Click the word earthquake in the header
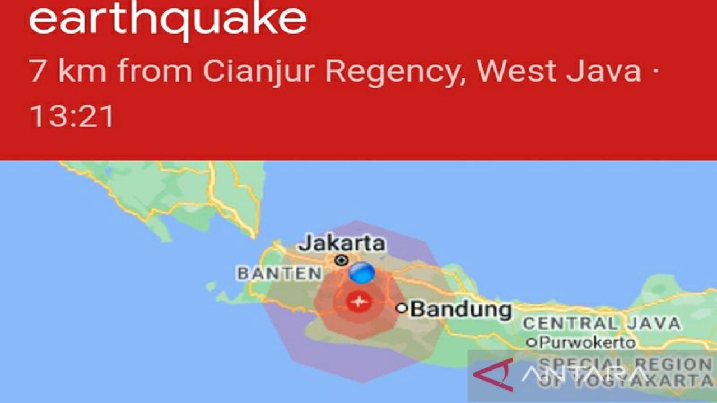(167, 20)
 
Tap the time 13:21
(72, 116)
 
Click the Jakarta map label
(342, 243)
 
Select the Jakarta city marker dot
(341, 260)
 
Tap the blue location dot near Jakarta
(362, 273)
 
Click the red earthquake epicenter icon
(358, 302)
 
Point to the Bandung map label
(461, 309)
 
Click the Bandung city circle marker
(401, 307)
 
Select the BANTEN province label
(280, 274)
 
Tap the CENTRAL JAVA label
(601, 324)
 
